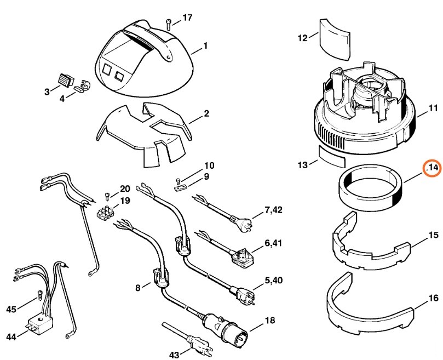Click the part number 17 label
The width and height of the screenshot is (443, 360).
(x=187, y=18)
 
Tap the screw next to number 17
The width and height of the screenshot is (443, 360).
(x=169, y=22)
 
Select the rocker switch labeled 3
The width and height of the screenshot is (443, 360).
(x=67, y=80)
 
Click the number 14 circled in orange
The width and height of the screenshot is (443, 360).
(x=433, y=168)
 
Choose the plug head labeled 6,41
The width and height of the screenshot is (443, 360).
(x=241, y=252)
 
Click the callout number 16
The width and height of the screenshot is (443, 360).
(x=433, y=299)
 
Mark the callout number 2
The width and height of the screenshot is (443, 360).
(x=206, y=113)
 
